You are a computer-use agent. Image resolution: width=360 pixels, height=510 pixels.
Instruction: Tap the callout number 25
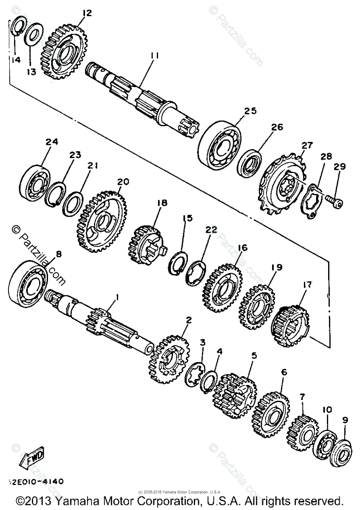pos(250,111)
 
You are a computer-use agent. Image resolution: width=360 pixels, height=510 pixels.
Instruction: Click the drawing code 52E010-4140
pos(36,482)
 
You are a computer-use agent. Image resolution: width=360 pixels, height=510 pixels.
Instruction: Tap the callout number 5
pos(254,355)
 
